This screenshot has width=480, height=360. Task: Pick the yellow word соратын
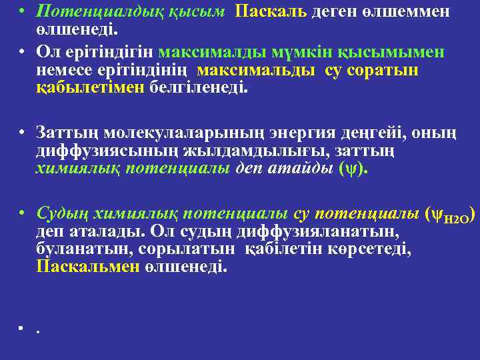click(x=386, y=71)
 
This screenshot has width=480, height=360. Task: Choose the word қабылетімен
click(x=91, y=88)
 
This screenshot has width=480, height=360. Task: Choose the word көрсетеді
click(x=373, y=249)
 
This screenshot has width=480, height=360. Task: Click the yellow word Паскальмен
click(x=87, y=267)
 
